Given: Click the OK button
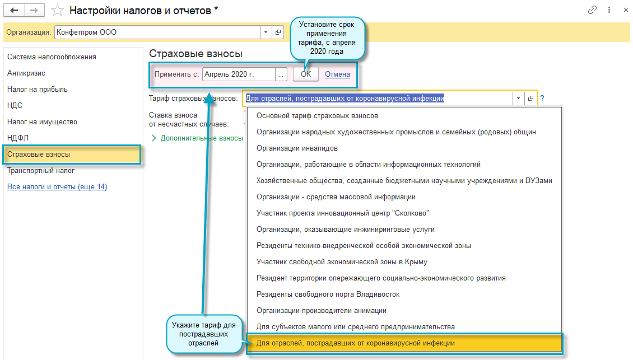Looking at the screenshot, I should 305,74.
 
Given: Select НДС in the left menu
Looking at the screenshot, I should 15,105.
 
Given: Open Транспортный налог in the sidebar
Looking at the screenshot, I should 41,170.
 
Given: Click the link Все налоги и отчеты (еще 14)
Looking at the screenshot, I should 57,186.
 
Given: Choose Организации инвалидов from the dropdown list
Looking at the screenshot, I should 297,148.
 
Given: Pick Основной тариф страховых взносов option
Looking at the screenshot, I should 317,116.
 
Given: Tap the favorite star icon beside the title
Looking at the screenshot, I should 57,10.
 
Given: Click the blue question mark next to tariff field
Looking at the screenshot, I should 542,99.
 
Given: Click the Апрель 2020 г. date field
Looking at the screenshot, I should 239,74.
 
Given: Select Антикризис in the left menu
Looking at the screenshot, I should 26,73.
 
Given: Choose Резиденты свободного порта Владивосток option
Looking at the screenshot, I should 328,294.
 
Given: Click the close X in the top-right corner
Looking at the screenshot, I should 624,10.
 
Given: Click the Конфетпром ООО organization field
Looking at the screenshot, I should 157,32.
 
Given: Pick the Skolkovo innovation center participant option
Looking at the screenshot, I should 343,213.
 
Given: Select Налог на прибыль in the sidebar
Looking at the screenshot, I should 38,89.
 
